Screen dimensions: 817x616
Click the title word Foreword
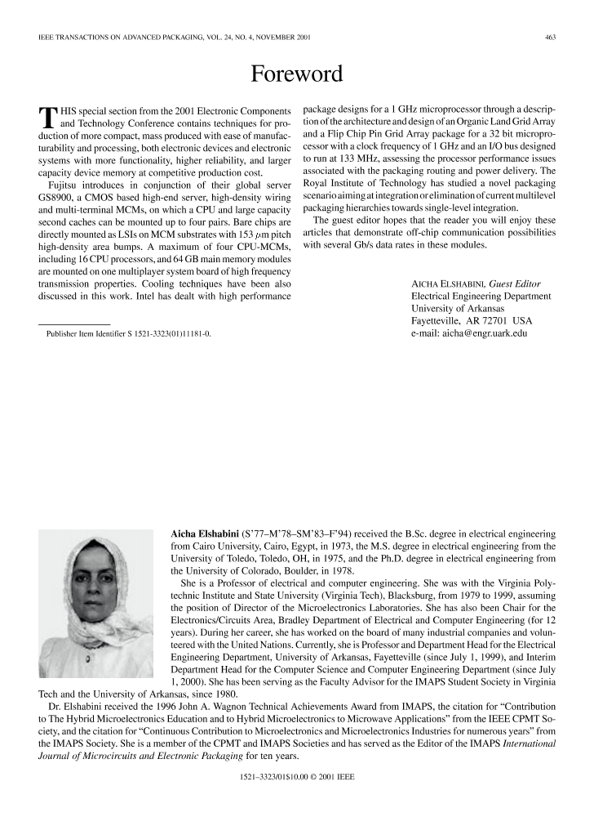click(296, 74)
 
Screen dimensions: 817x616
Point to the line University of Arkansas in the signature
click(458, 309)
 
